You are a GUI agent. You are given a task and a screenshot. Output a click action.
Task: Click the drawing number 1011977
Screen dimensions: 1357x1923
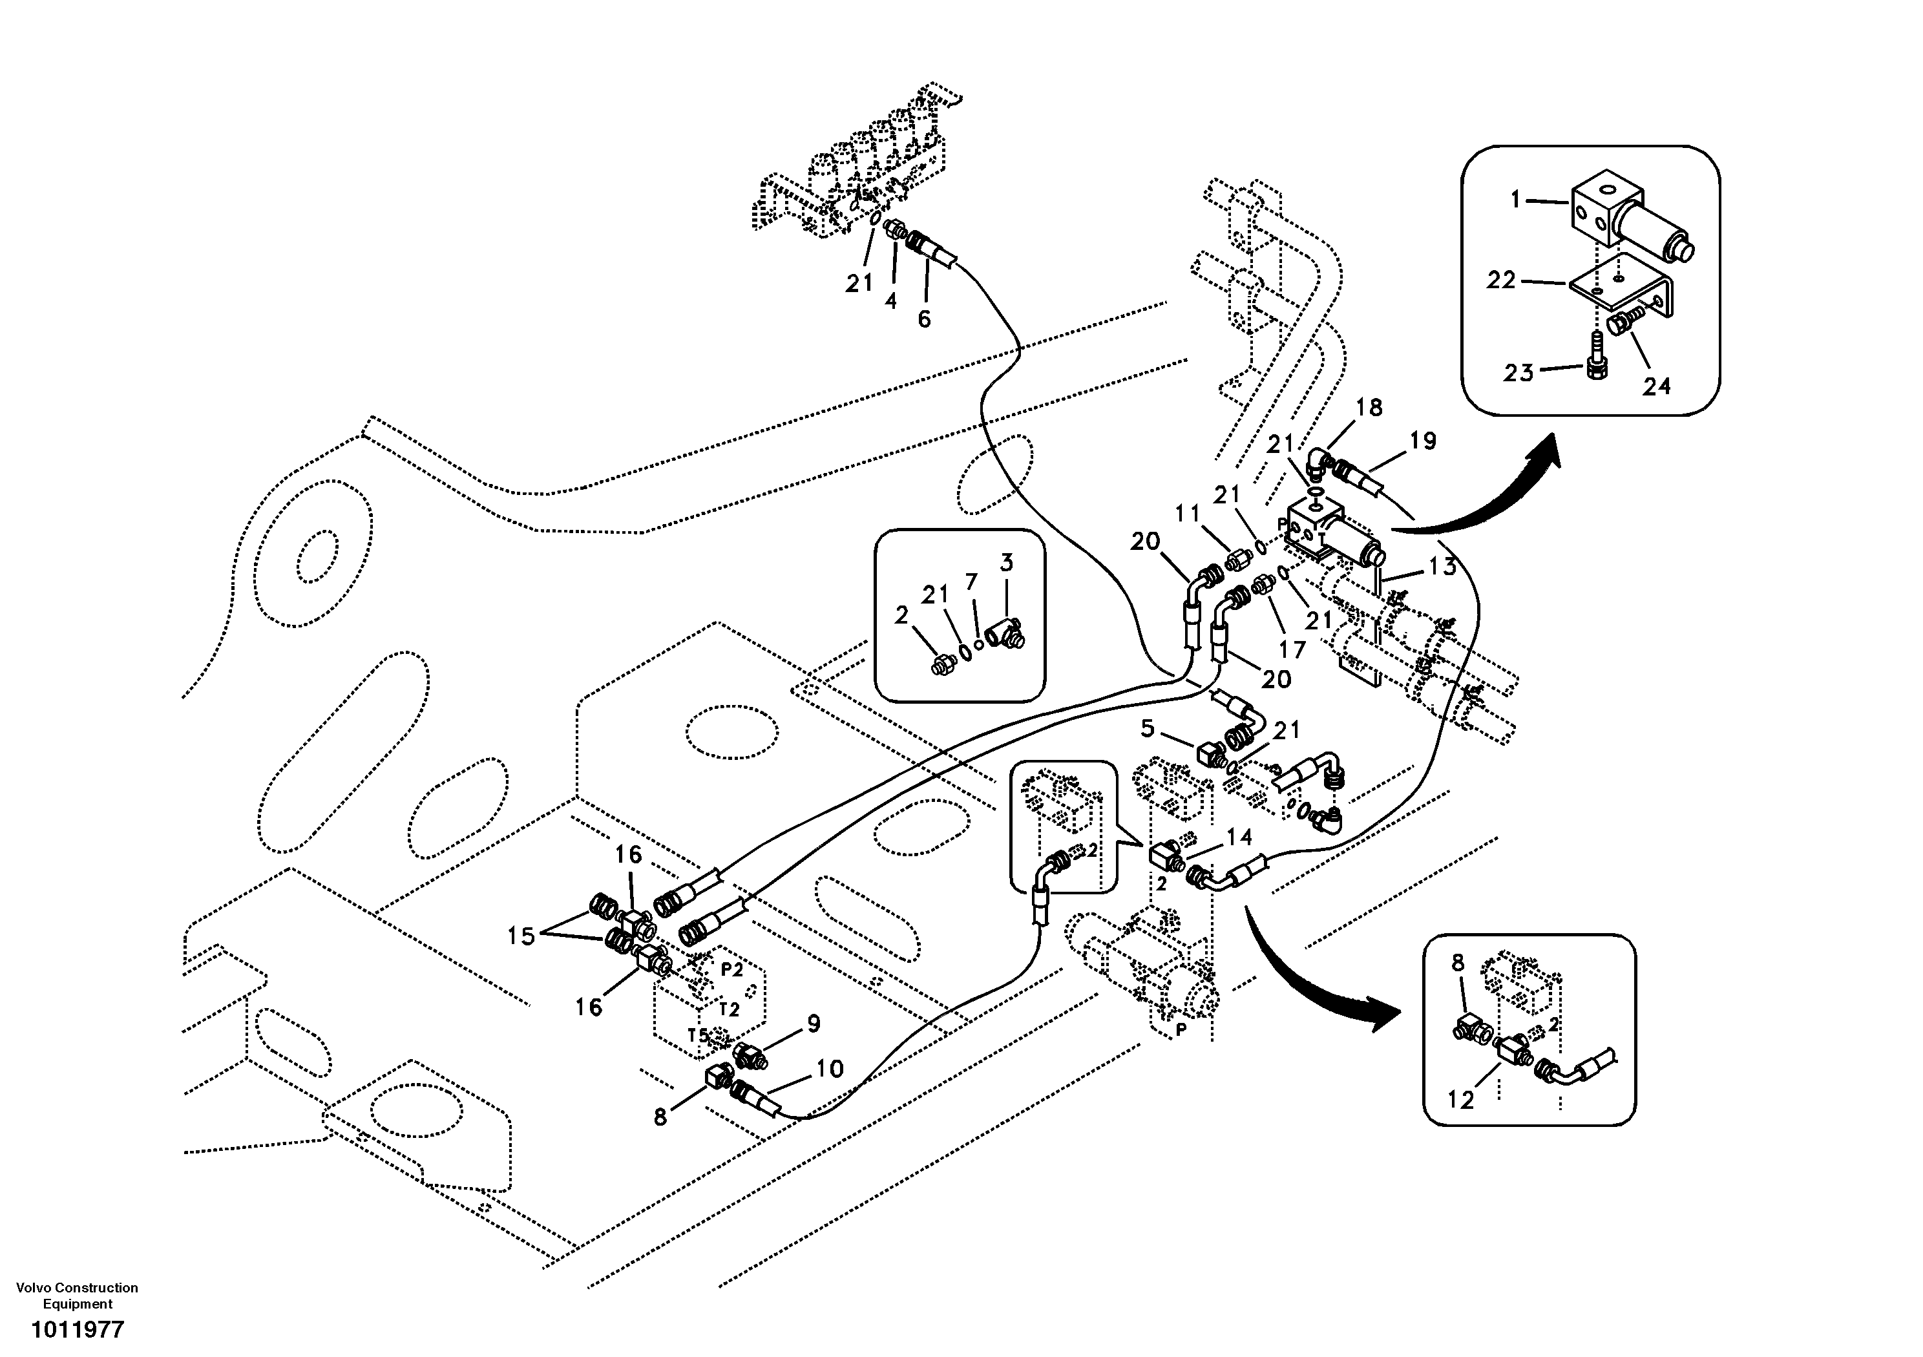click(x=77, y=1329)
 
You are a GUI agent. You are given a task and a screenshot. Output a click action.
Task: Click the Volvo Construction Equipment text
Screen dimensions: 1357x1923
click(x=77, y=1296)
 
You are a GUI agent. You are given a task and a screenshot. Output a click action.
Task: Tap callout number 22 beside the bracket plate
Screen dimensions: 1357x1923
click(x=1501, y=280)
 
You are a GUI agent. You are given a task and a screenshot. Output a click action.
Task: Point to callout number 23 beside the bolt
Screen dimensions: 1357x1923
click(x=1518, y=372)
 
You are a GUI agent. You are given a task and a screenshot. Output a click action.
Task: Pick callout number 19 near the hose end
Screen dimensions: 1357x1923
click(x=1423, y=441)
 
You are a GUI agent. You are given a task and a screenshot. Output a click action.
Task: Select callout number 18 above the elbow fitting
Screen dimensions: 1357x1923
click(x=1369, y=408)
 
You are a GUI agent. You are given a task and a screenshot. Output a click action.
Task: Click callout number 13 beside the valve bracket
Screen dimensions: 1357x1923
click(x=1442, y=567)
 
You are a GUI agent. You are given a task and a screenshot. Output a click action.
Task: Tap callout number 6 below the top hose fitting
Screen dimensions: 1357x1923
click(x=924, y=319)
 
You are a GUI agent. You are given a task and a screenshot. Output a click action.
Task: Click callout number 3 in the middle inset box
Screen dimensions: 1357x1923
click(x=1006, y=563)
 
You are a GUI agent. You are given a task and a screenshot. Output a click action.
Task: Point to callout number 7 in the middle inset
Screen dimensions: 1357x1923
click(x=971, y=582)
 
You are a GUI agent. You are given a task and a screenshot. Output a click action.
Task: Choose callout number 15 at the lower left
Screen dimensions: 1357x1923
click(x=521, y=936)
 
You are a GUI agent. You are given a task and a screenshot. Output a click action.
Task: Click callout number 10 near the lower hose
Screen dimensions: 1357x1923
click(x=829, y=1069)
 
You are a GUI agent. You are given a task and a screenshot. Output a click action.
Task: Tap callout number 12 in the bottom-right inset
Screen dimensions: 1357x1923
click(x=1461, y=1100)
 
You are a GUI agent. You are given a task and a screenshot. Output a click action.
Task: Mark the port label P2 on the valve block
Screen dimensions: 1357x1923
click(x=732, y=969)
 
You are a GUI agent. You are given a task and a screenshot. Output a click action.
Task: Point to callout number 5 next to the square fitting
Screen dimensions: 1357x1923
click(x=1148, y=729)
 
